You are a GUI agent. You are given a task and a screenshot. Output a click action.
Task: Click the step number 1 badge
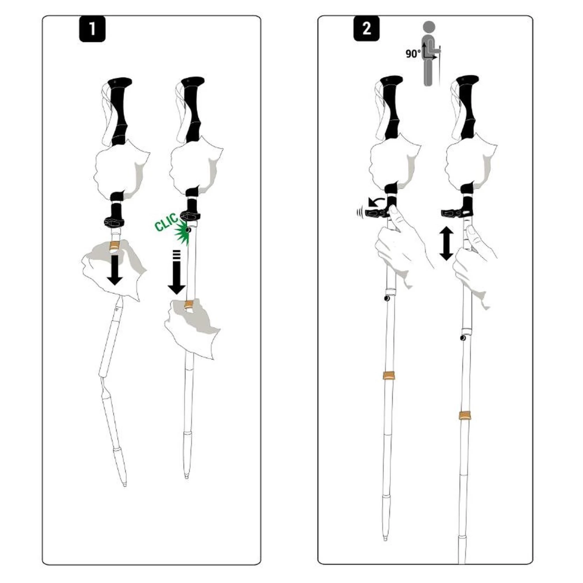coord(92,29)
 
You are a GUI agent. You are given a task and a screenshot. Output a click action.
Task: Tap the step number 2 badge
coord(367,29)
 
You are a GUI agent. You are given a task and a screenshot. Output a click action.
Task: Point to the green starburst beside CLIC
coord(183,233)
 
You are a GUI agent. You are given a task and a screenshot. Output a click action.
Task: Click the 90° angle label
coord(413,54)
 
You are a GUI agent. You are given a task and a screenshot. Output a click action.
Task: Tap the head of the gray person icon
coord(429,28)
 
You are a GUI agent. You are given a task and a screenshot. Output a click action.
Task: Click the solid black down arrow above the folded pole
coord(115,271)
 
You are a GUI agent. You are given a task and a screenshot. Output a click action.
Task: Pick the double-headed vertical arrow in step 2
coord(446,244)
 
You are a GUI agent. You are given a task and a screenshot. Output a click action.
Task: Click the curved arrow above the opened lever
coord(376,201)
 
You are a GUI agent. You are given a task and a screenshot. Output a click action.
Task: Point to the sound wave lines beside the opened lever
coord(359,213)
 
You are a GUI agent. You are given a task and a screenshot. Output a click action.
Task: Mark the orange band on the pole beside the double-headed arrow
coord(465,415)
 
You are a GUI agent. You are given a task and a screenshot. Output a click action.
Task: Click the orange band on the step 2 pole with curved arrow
coord(389,376)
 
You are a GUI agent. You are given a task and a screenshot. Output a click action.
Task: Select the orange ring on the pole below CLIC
coord(189,305)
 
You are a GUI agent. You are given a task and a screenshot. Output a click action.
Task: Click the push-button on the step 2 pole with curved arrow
coord(387,298)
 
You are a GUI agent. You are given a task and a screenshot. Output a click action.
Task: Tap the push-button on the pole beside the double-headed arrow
coord(463,338)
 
